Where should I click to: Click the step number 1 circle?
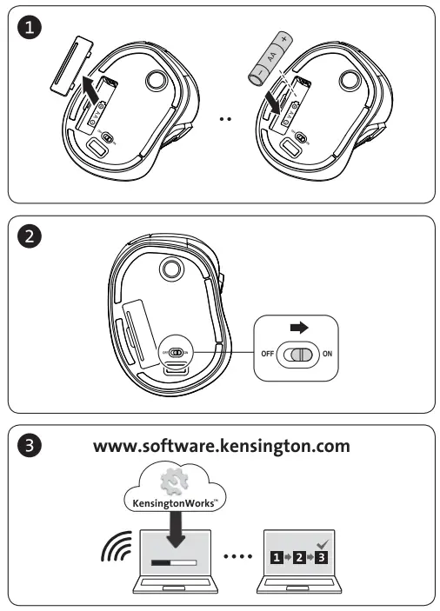click(31, 30)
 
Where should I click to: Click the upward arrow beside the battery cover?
click(89, 86)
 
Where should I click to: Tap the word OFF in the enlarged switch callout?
click(267, 354)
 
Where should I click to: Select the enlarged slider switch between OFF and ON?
click(298, 354)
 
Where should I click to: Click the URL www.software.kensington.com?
click(222, 448)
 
